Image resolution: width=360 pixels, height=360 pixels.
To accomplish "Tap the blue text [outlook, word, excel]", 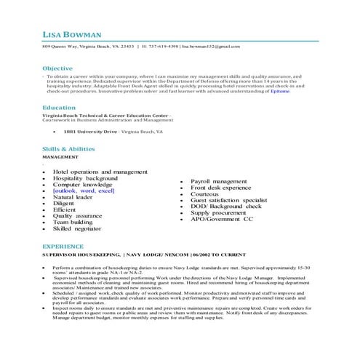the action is (x=84, y=191).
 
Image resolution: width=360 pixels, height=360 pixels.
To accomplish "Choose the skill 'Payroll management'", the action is (x=218, y=181).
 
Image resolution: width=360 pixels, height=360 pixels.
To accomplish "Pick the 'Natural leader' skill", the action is (x=73, y=197).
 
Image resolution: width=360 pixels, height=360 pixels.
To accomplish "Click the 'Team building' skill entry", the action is (x=72, y=223).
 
